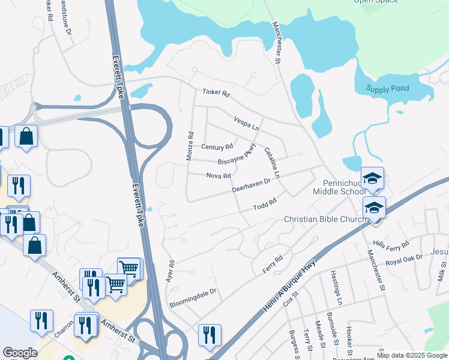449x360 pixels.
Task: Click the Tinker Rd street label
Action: point(216,94)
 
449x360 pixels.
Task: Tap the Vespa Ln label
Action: point(246,124)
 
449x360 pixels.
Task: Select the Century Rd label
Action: point(217,147)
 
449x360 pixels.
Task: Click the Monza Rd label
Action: point(191,147)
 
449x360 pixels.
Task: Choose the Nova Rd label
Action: point(218,176)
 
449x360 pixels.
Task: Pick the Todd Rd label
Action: point(264,205)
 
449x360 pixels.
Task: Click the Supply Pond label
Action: point(388,89)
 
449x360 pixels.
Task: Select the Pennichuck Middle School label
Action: point(338,187)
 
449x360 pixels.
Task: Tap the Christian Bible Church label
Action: point(325,220)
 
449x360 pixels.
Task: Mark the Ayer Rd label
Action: point(170,272)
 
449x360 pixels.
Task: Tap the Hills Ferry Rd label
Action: point(391,245)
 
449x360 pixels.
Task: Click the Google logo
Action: point(20,353)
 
